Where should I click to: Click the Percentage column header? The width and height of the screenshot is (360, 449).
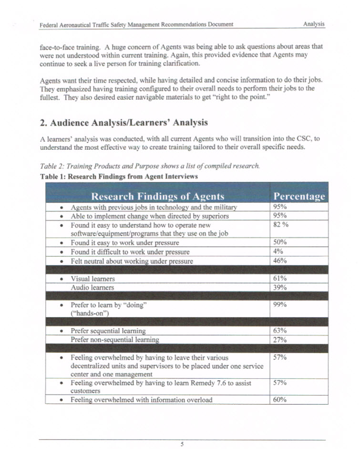[299, 197]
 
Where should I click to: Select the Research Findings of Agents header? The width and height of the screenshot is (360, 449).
[157, 197]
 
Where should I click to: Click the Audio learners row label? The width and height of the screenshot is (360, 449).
[92, 288]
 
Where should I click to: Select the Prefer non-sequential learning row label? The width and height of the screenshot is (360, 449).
[114, 340]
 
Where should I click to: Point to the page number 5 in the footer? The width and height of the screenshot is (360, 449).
[182, 444]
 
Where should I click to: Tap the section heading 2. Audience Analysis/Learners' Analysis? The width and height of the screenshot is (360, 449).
[123, 123]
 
